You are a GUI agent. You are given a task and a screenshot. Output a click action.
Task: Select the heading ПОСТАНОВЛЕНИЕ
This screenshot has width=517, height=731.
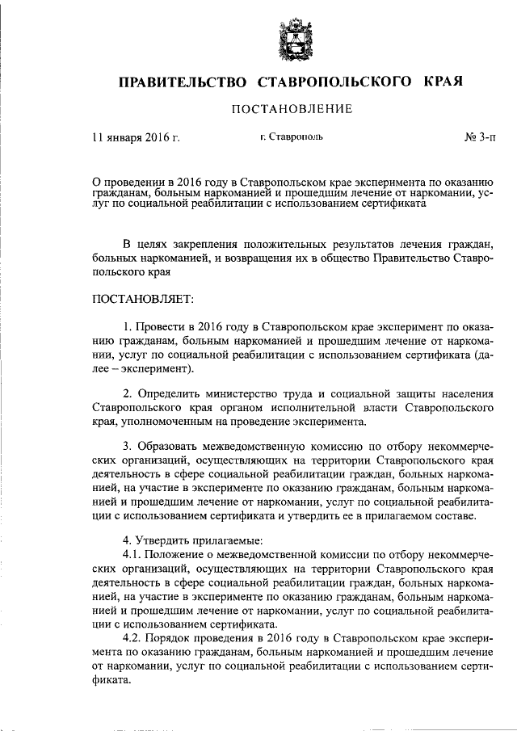point(281,109)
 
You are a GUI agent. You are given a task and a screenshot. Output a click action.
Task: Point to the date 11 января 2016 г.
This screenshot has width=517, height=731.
point(136,137)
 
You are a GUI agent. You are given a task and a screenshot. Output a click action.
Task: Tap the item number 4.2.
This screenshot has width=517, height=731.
point(132,637)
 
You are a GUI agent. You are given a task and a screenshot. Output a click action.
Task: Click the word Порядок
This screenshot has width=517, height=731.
point(169,637)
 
